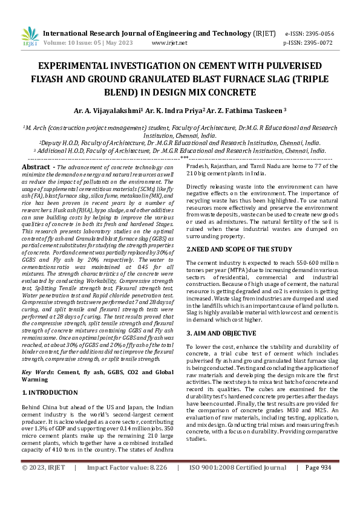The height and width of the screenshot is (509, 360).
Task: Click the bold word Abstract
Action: coord(36,167)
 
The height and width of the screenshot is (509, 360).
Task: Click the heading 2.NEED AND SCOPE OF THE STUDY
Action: coord(239,248)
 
